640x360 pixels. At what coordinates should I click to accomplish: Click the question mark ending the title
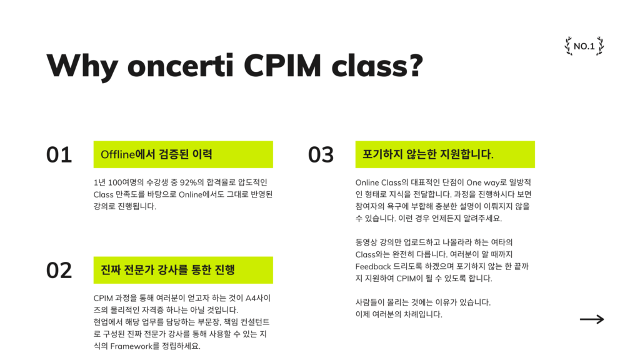tap(414, 65)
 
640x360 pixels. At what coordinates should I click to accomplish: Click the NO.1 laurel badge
tap(584, 46)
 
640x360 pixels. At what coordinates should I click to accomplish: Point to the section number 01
tap(59, 154)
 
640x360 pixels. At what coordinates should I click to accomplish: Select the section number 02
tap(59, 270)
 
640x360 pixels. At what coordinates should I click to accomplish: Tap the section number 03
tap(321, 154)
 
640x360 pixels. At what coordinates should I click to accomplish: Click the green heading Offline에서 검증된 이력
tap(156, 154)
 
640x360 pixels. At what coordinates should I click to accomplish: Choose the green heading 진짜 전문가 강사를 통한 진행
tap(167, 270)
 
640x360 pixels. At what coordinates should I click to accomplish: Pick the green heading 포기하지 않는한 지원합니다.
tap(428, 154)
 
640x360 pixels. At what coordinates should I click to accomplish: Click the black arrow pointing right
tap(591, 319)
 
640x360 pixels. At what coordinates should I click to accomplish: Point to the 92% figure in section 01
tap(189, 182)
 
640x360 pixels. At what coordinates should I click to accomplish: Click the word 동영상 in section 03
tap(367, 242)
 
